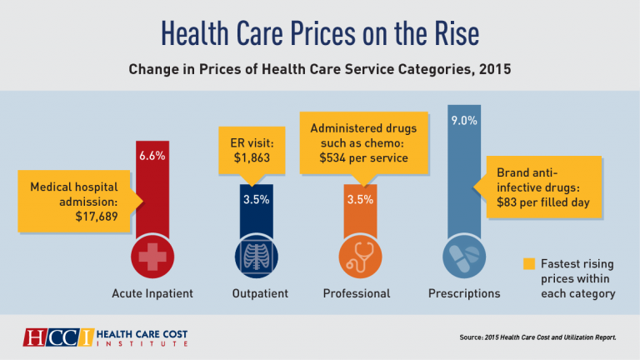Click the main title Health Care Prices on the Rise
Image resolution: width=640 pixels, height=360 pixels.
320,32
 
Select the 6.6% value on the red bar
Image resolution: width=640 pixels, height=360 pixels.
152,155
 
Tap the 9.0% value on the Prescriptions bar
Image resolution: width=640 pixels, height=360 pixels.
463,121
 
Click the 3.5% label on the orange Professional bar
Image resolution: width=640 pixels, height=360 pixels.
360,201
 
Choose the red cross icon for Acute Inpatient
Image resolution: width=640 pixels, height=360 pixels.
152,258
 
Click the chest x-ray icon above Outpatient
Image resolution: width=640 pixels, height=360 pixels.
257,258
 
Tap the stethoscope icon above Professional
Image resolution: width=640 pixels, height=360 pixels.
360,258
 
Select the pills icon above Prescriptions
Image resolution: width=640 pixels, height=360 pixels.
463,258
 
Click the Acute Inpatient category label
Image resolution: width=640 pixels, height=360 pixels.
152,293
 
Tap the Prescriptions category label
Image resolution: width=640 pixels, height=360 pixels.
464,293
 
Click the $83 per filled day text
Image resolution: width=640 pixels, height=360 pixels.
541,203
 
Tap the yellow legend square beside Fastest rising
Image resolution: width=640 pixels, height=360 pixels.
527,264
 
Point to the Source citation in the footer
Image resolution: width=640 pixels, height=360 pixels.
537,337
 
